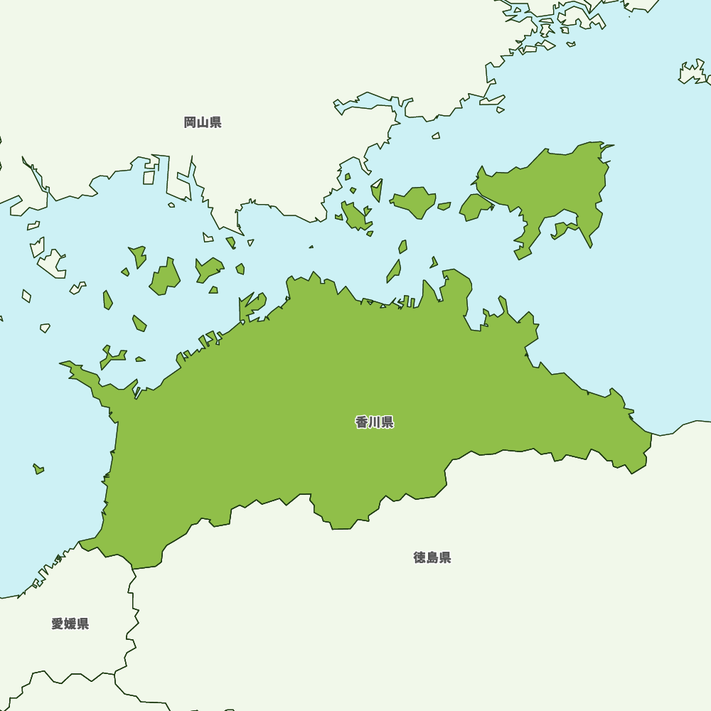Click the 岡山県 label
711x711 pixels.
[203, 122]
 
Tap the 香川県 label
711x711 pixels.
[375, 422]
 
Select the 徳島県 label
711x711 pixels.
[432, 557]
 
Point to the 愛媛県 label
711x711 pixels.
[70, 624]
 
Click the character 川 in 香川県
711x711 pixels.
[375, 422]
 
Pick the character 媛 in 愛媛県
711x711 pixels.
[70, 624]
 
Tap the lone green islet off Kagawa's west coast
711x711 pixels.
[38, 469]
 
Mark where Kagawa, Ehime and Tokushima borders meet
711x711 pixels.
[133, 568]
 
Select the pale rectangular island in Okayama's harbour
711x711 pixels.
[149, 177]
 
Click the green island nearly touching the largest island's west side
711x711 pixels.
[474, 207]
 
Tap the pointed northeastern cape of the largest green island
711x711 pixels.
[610, 146]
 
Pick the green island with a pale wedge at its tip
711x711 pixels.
[377, 191]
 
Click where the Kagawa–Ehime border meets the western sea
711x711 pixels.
[80, 543]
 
